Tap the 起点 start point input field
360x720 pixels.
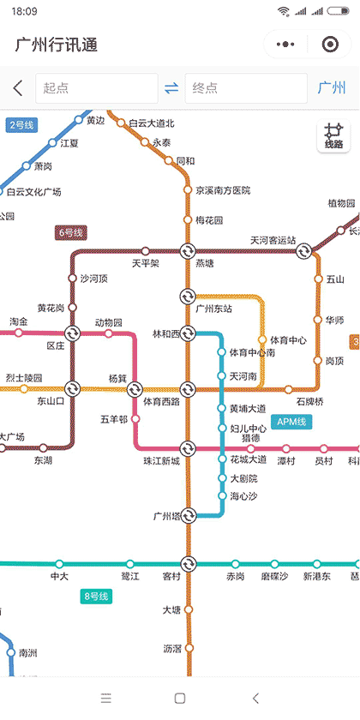pyautogui.click(x=96, y=88)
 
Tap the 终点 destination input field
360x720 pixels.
pyautogui.click(x=245, y=88)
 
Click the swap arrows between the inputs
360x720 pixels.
pyautogui.click(x=171, y=88)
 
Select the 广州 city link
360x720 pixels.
pyautogui.click(x=332, y=88)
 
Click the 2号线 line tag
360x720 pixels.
pyautogui.click(x=21, y=125)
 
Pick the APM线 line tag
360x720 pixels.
pyautogui.click(x=291, y=421)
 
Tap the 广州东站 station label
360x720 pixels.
pyautogui.click(x=214, y=309)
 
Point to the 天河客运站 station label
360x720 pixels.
pyautogui.click(x=273, y=240)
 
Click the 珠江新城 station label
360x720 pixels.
pyautogui.click(x=161, y=461)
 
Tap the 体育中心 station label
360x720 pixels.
pyautogui.click(x=288, y=340)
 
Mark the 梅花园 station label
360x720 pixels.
pyautogui.click(x=209, y=220)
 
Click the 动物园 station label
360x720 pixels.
pyautogui.click(x=108, y=322)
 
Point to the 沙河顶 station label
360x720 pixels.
pyautogui.click(x=93, y=279)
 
